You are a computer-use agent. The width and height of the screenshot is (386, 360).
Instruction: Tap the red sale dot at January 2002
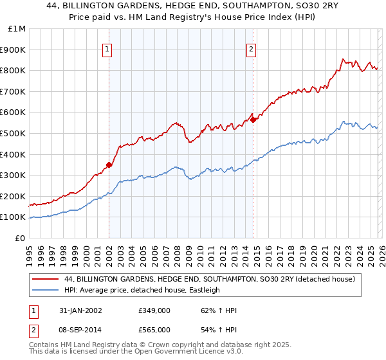109,165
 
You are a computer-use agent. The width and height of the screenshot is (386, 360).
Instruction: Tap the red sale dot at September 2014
253,119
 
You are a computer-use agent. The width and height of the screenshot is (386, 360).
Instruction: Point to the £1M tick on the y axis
17,29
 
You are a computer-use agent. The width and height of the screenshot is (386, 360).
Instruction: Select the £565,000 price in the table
154,329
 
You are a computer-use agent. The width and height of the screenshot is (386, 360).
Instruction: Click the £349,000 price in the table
154,310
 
